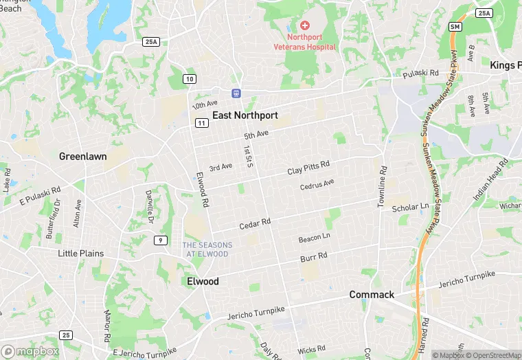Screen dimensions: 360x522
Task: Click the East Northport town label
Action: [x=245, y=115]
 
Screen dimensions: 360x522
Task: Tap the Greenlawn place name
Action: [x=82, y=156]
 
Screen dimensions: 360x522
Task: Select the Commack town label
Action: [x=372, y=295]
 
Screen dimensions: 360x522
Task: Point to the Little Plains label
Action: [x=81, y=254]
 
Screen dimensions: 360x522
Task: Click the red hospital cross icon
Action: [x=305, y=25]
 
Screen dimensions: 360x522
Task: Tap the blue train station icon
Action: [x=236, y=93]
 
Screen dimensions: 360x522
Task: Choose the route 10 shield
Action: [x=189, y=79]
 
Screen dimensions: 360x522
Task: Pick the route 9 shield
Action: [x=160, y=240]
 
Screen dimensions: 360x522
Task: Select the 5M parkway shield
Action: [x=455, y=27]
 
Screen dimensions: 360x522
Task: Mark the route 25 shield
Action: [x=66, y=335]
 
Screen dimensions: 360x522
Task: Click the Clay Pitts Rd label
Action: [x=308, y=167]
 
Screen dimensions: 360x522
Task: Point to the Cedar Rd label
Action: [x=255, y=224]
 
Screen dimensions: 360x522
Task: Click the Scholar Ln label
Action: [x=410, y=207]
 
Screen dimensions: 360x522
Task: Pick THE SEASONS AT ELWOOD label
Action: [x=207, y=249]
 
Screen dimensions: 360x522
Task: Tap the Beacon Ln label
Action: [x=315, y=238]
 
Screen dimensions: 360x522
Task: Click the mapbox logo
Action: [x=30, y=350]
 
